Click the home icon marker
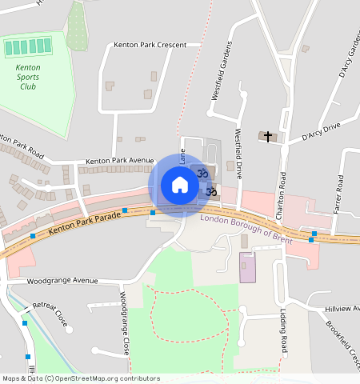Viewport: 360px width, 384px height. pos(180,186)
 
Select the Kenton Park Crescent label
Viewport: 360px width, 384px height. pos(150,45)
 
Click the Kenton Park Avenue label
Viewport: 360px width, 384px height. pos(119,160)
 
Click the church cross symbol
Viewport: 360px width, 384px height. pos(268,137)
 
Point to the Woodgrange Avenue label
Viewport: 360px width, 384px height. pos(62,282)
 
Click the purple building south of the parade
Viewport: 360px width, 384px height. pos(248,267)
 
